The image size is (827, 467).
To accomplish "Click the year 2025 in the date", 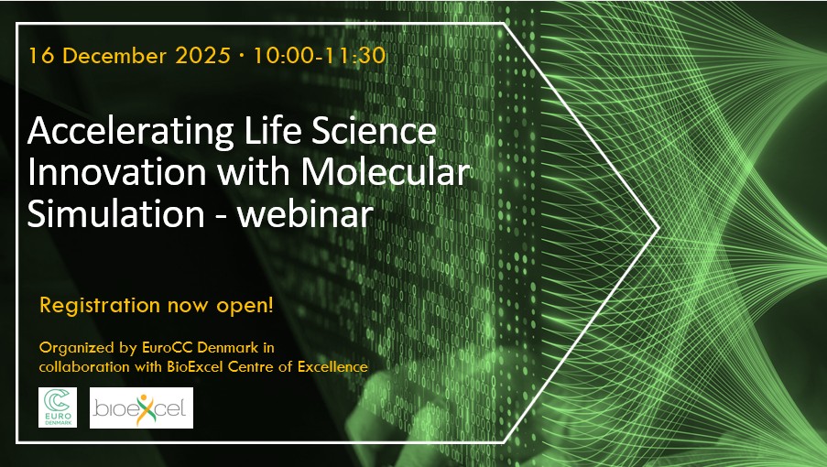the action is click(203, 55).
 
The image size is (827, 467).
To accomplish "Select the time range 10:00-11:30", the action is click(320, 55).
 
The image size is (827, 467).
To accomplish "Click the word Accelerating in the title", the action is click(131, 132).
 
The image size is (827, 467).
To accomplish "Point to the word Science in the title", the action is click(374, 131).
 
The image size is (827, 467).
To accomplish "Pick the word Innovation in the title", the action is click(116, 172).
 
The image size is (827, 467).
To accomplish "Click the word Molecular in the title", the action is click(386, 171).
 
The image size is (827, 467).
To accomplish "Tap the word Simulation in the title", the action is click(115, 213).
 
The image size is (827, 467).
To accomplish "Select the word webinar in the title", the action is click(305, 213).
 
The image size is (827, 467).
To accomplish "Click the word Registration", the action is click(100, 306).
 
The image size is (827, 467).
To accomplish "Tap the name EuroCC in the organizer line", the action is click(168, 348).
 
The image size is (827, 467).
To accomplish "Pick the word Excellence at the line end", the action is click(332, 366).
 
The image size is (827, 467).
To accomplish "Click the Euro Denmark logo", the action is click(58, 407).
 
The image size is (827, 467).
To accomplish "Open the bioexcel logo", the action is click(141, 408).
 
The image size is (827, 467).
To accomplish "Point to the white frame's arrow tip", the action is click(658, 228).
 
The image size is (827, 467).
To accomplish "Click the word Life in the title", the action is click(270, 131).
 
